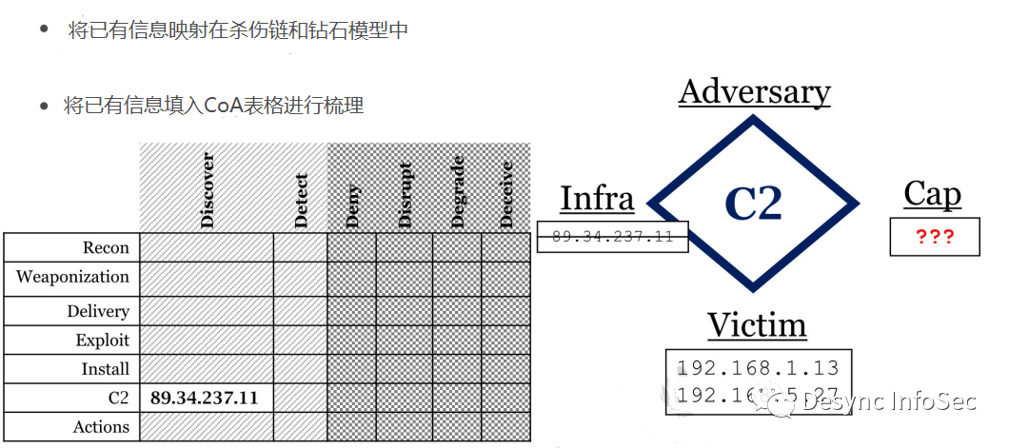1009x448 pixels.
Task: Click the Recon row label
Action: [106, 248]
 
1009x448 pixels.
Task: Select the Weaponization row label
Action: [72, 278]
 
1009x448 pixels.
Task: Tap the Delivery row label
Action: [98, 312]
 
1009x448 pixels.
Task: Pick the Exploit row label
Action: [103, 341]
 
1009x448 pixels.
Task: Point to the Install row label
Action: [105, 369]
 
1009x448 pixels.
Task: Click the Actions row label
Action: [101, 427]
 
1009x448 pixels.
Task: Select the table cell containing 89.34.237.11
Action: [205, 398]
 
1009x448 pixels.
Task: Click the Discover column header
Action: [208, 189]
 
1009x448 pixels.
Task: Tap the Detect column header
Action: [301, 200]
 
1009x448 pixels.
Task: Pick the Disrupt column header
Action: [406, 195]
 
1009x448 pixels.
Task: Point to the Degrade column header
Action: [458, 195]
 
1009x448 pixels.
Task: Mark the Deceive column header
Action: [506, 194]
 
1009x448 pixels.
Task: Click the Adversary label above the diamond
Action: [754, 92]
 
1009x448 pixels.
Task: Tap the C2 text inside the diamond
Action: [753, 203]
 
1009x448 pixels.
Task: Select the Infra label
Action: [597, 198]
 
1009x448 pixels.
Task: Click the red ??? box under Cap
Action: [935, 237]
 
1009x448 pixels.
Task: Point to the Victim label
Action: [757, 325]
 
